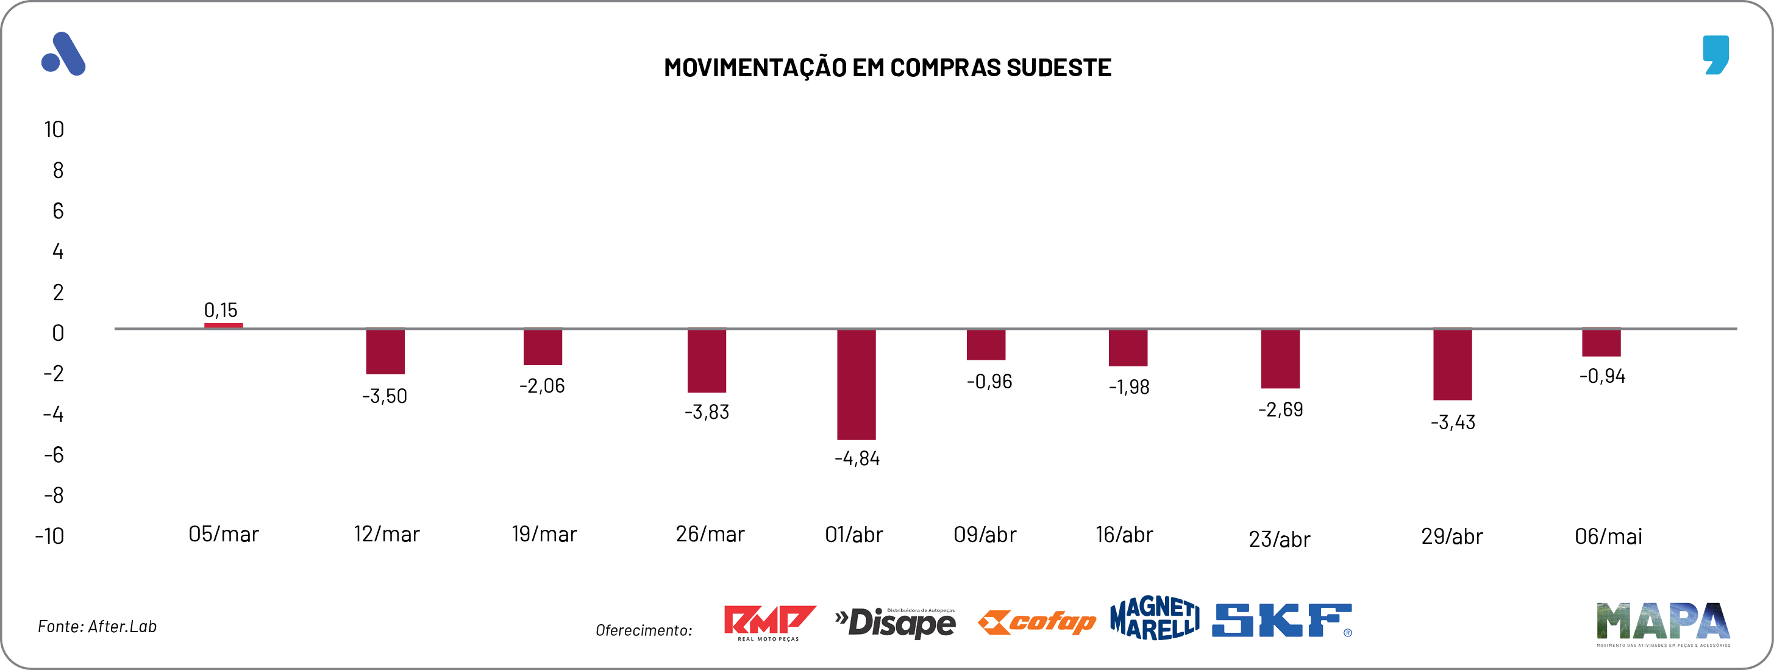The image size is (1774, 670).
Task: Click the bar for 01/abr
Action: point(856,383)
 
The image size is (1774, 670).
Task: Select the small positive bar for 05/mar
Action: point(223,325)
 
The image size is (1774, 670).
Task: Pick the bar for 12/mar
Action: point(385,351)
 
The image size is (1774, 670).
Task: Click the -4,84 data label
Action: point(857,458)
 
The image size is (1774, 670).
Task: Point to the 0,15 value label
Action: point(220,310)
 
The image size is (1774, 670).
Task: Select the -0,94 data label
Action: point(1602,376)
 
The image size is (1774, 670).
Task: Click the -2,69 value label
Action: point(1280,410)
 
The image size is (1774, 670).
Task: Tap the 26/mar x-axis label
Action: point(710,534)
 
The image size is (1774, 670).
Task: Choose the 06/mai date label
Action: point(1608,536)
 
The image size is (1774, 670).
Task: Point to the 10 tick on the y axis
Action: point(54,129)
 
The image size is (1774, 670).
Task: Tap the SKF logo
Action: point(1281,621)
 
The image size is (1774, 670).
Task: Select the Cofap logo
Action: point(1036,622)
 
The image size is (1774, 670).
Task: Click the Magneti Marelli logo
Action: point(1154,618)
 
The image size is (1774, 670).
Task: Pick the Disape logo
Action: point(896,623)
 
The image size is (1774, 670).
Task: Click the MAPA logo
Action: point(1662,622)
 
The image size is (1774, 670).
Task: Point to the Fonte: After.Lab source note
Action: point(97,627)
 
